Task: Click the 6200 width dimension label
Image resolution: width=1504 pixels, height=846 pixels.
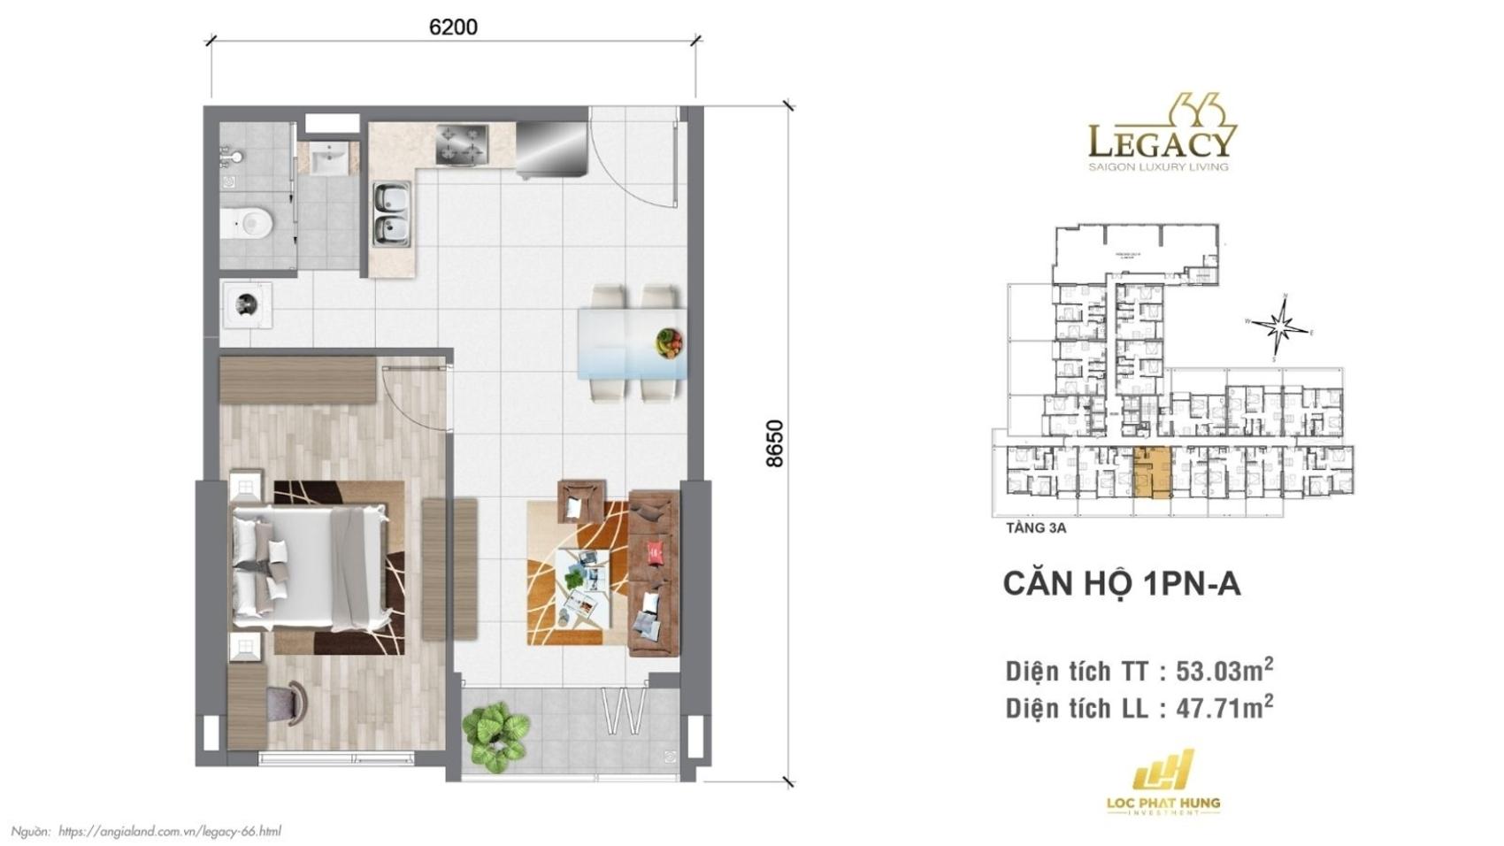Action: (453, 27)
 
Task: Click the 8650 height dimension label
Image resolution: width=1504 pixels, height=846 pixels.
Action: (774, 443)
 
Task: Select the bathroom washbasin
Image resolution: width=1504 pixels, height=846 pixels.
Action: (329, 160)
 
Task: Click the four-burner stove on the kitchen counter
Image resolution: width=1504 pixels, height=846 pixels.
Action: (462, 143)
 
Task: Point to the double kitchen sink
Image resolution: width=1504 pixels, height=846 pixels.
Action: (391, 213)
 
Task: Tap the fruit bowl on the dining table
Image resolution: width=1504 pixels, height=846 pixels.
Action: (670, 342)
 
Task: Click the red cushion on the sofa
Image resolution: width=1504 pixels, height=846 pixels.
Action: (656, 552)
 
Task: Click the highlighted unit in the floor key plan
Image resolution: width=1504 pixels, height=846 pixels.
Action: (1152, 473)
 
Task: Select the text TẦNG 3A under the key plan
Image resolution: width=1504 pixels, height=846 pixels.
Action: (1035, 528)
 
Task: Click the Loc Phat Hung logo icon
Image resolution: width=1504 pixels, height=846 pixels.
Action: (1163, 772)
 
